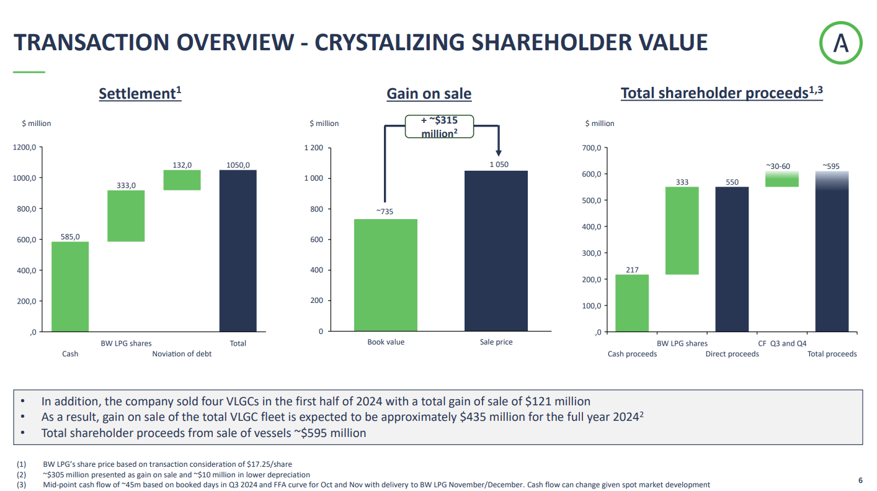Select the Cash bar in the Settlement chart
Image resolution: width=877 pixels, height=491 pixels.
[x=70, y=286]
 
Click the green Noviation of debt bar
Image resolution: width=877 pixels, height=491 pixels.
[x=182, y=180]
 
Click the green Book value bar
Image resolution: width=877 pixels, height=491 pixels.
[x=386, y=275]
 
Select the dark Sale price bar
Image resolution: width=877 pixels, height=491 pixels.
[x=496, y=251]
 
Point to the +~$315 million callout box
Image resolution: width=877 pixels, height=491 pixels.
[x=440, y=127]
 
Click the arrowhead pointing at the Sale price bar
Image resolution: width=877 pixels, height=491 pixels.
[x=498, y=153]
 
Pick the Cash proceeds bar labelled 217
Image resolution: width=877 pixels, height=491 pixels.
[x=632, y=303]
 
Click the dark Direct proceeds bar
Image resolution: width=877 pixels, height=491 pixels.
[x=732, y=259]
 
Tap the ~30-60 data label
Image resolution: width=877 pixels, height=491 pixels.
[x=781, y=166]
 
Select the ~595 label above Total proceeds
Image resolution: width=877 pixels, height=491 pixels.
[x=831, y=166]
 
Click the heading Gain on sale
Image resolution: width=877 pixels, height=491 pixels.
[x=429, y=94]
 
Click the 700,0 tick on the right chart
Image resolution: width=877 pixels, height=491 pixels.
[x=592, y=148]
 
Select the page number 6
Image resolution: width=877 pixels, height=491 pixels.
[x=860, y=480]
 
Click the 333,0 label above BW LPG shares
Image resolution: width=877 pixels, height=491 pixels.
[x=126, y=185]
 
